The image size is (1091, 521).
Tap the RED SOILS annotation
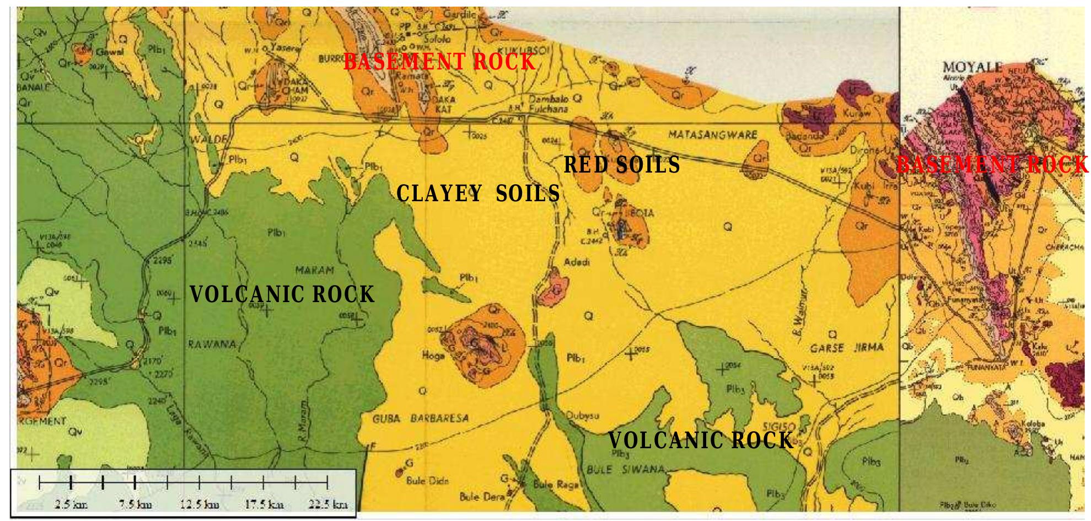click(621, 165)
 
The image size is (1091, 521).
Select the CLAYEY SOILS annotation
click(478, 194)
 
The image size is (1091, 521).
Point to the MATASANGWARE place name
click(712, 134)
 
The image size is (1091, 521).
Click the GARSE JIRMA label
click(847, 347)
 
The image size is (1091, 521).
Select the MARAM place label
click(315, 271)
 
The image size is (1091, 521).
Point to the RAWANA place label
click(212, 345)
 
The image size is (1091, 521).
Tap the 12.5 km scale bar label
click(200, 504)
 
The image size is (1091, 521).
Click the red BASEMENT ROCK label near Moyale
click(992, 165)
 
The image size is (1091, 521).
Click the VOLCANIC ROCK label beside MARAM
click(282, 294)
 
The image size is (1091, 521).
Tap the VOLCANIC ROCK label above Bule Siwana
click(700, 441)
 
